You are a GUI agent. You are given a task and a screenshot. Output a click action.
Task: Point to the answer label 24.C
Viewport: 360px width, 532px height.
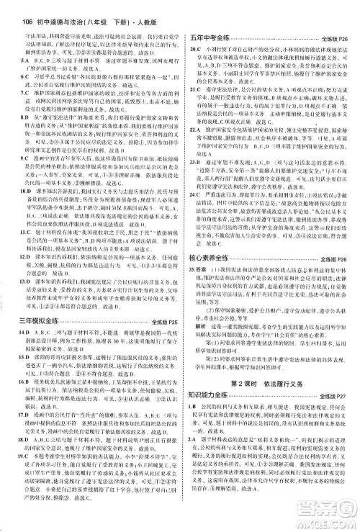[x=194, y=214]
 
